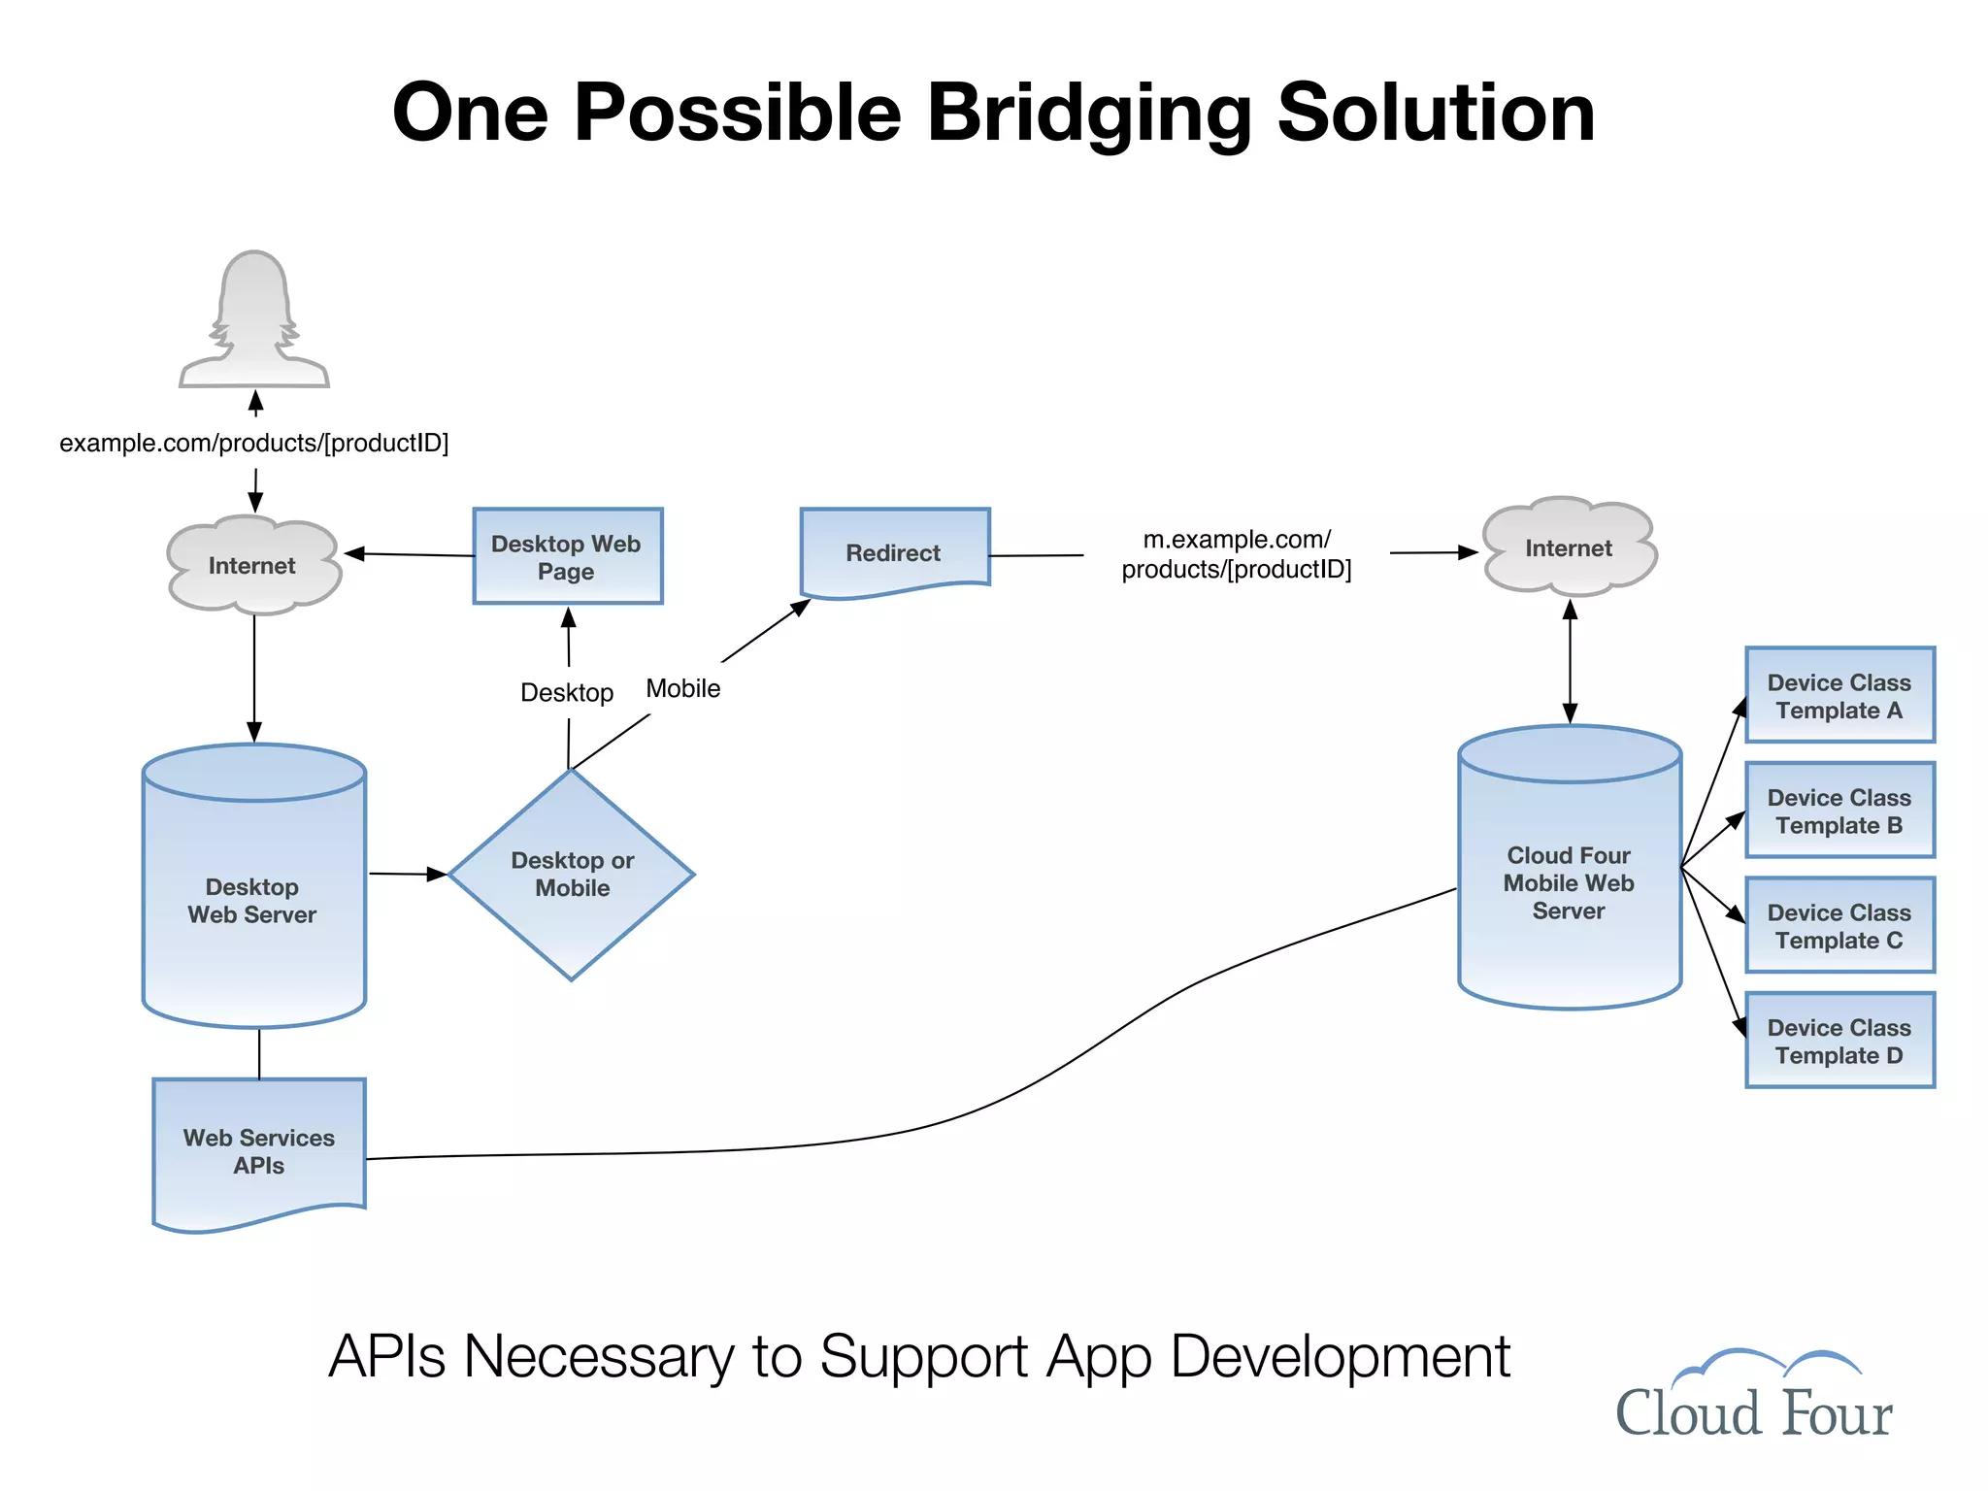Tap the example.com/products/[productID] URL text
pos(254,444)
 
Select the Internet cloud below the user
pos(252,566)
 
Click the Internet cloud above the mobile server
pos(1569,548)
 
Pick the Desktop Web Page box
pos(567,557)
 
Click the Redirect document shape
pos(894,552)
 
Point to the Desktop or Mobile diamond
pos(572,875)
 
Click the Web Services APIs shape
pos(259,1151)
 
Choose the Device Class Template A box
pos(1839,696)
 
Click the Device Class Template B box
pos(1839,811)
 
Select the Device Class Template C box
pos(1839,926)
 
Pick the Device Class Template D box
pos(1839,1041)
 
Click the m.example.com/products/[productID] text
pos(1237,554)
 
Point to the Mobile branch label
pos(683,689)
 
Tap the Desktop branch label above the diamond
pos(567,693)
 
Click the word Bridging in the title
pos(1089,115)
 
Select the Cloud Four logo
pos(1754,1396)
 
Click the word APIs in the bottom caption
pos(387,1356)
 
